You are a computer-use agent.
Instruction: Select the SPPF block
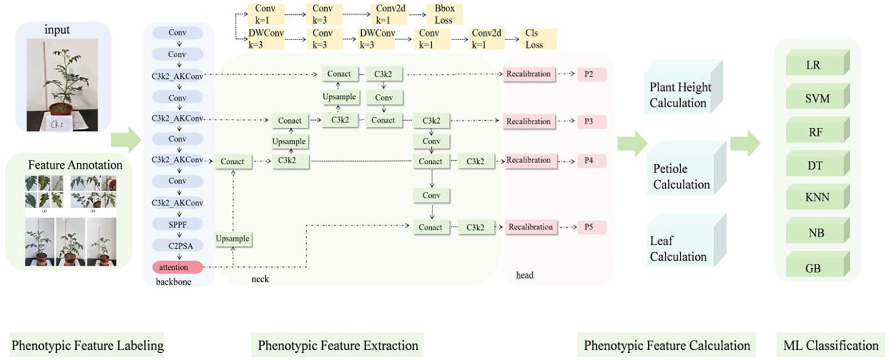coord(177,225)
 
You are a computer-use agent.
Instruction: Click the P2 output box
coord(589,74)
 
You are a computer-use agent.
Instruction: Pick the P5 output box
coord(589,227)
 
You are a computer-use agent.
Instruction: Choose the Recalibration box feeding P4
coord(528,160)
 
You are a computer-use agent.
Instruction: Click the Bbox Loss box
coord(443,14)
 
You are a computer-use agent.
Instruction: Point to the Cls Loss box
coord(535,39)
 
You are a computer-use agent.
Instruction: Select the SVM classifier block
coord(816,98)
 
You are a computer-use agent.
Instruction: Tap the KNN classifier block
coord(816,197)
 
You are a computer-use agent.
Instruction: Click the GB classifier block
coord(814,268)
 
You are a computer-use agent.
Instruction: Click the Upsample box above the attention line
coord(232,239)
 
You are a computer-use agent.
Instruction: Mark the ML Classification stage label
coord(831,346)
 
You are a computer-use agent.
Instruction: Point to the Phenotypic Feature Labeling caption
coord(88,346)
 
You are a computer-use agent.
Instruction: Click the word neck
coord(260,279)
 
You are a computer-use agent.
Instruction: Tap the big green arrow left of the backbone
coord(126,140)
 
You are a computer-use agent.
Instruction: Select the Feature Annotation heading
coord(75,165)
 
